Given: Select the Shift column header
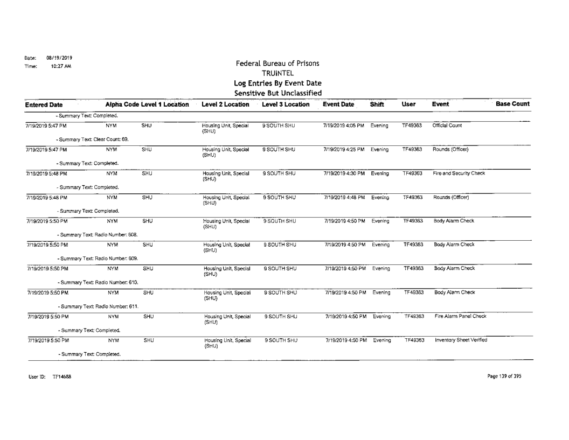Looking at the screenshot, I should pos(377,104).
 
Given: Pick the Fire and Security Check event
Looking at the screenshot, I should pos(458,174).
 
